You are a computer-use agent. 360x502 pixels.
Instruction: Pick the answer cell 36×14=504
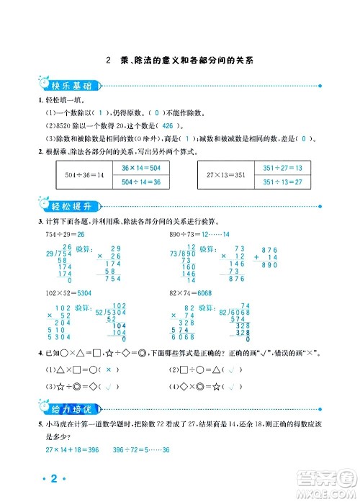click(141, 168)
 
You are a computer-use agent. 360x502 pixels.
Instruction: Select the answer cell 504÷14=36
click(141, 182)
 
